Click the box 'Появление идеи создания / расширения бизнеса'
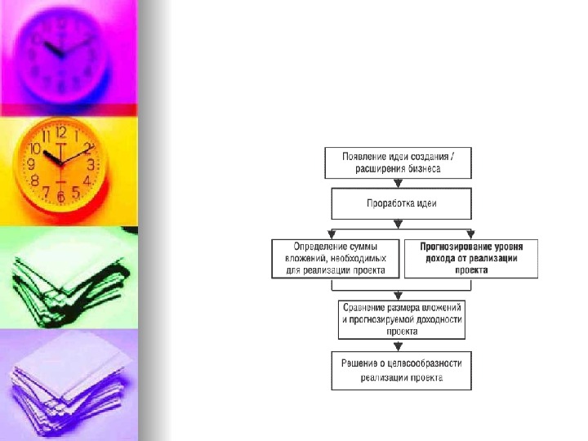[x=398, y=163]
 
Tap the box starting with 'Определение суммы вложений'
[x=335, y=258]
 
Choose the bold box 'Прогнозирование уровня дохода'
[x=472, y=258]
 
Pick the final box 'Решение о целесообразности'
[x=402, y=371]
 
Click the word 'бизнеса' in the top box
[x=421, y=170]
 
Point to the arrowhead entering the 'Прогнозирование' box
[x=472, y=235]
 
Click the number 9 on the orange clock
[x=31, y=164]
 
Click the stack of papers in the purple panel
[x=69, y=384]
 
